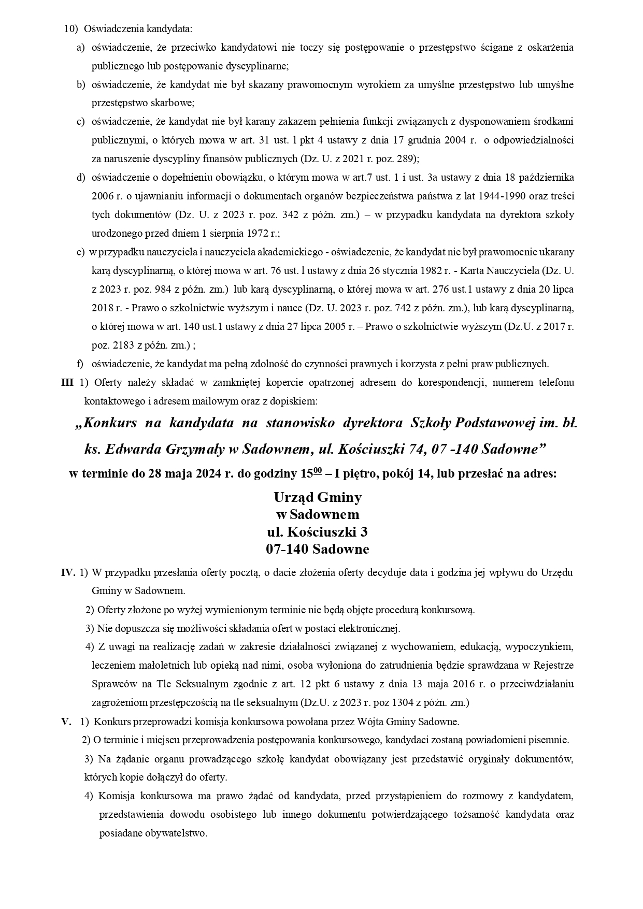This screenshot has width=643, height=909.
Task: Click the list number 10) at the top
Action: [x=70, y=28]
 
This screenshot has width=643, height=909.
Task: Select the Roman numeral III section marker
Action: [x=67, y=382]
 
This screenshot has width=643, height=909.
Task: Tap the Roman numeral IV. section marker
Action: [x=68, y=572]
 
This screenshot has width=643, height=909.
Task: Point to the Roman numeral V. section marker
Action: [x=66, y=721]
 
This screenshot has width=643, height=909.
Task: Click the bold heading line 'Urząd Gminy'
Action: [x=317, y=497]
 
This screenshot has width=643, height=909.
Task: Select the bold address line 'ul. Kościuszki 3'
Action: [x=317, y=532]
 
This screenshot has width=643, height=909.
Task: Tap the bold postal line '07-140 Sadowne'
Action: [x=317, y=549]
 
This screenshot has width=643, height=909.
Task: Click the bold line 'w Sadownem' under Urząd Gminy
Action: [x=317, y=514]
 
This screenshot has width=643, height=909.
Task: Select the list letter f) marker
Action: [x=80, y=364]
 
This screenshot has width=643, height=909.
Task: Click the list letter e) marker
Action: [x=80, y=252]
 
